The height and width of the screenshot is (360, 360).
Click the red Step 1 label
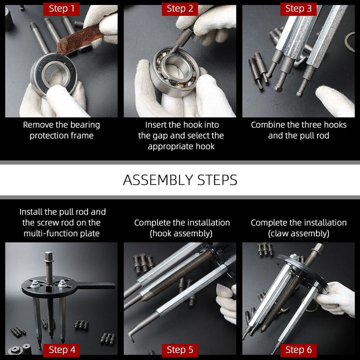coord(61,8)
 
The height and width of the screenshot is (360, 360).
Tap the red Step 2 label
coord(180,8)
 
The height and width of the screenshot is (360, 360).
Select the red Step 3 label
coord(298,8)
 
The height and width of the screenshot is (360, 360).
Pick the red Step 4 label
coord(61,350)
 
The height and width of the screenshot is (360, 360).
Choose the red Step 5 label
coord(180,350)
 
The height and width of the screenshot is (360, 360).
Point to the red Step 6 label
coord(298,350)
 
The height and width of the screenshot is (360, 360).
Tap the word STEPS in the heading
coord(217,180)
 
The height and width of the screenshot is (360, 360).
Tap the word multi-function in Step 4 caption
coord(50,233)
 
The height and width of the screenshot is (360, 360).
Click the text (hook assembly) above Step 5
coord(181,233)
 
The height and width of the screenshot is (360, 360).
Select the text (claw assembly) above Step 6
coord(298,233)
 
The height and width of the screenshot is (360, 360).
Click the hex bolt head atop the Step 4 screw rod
coord(48,256)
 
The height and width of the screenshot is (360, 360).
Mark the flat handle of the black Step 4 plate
coord(96,285)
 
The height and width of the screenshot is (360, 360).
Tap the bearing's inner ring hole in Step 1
coord(55,74)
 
